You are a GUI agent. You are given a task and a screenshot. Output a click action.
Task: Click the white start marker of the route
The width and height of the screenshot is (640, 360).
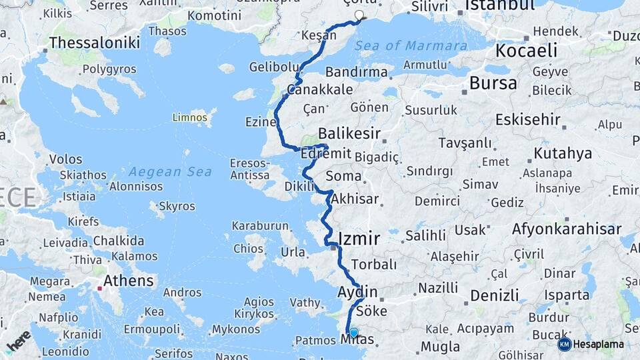pyautogui.click(x=360, y=15)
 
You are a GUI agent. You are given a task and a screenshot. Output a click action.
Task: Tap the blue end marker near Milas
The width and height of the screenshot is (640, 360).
pyautogui.click(x=353, y=333)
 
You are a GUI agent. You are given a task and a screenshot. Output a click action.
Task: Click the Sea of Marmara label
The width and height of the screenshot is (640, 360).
pyautogui.click(x=411, y=46)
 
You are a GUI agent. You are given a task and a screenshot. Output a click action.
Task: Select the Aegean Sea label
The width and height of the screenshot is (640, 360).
pyautogui.click(x=171, y=171)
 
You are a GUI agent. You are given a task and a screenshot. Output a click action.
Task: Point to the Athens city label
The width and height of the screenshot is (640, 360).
pyautogui.click(x=129, y=281)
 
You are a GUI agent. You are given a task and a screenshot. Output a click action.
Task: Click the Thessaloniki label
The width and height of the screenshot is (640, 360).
pyautogui.click(x=95, y=43)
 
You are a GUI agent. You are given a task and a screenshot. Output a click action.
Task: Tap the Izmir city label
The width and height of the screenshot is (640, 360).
pyautogui.click(x=359, y=239)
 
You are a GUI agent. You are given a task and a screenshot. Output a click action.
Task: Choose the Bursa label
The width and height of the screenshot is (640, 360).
pyautogui.click(x=493, y=83)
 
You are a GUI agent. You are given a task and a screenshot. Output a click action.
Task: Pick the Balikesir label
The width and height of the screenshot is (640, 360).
pyautogui.click(x=349, y=133)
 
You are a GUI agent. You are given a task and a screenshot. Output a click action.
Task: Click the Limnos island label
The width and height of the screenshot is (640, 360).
pyautogui.click(x=190, y=117)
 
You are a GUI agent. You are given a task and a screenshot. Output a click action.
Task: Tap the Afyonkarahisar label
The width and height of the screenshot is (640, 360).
pyautogui.click(x=567, y=229)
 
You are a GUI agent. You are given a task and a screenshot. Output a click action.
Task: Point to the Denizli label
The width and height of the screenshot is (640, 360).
pyautogui.click(x=494, y=295)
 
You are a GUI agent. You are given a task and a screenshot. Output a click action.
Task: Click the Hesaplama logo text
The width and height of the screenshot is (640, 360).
pyautogui.click(x=599, y=344)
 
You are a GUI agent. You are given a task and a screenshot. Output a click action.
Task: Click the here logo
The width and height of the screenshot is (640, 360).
pyautogui.click(x=19, y=341)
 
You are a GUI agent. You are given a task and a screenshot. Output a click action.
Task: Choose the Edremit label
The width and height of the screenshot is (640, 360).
pyautogui.click(x=326, y=153)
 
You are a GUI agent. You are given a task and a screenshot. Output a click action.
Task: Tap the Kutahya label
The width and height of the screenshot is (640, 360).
pyautogui.click(x=563, y=153)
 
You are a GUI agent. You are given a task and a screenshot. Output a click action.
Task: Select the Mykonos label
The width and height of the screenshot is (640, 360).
pyautogui.click(x=236, y=329)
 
